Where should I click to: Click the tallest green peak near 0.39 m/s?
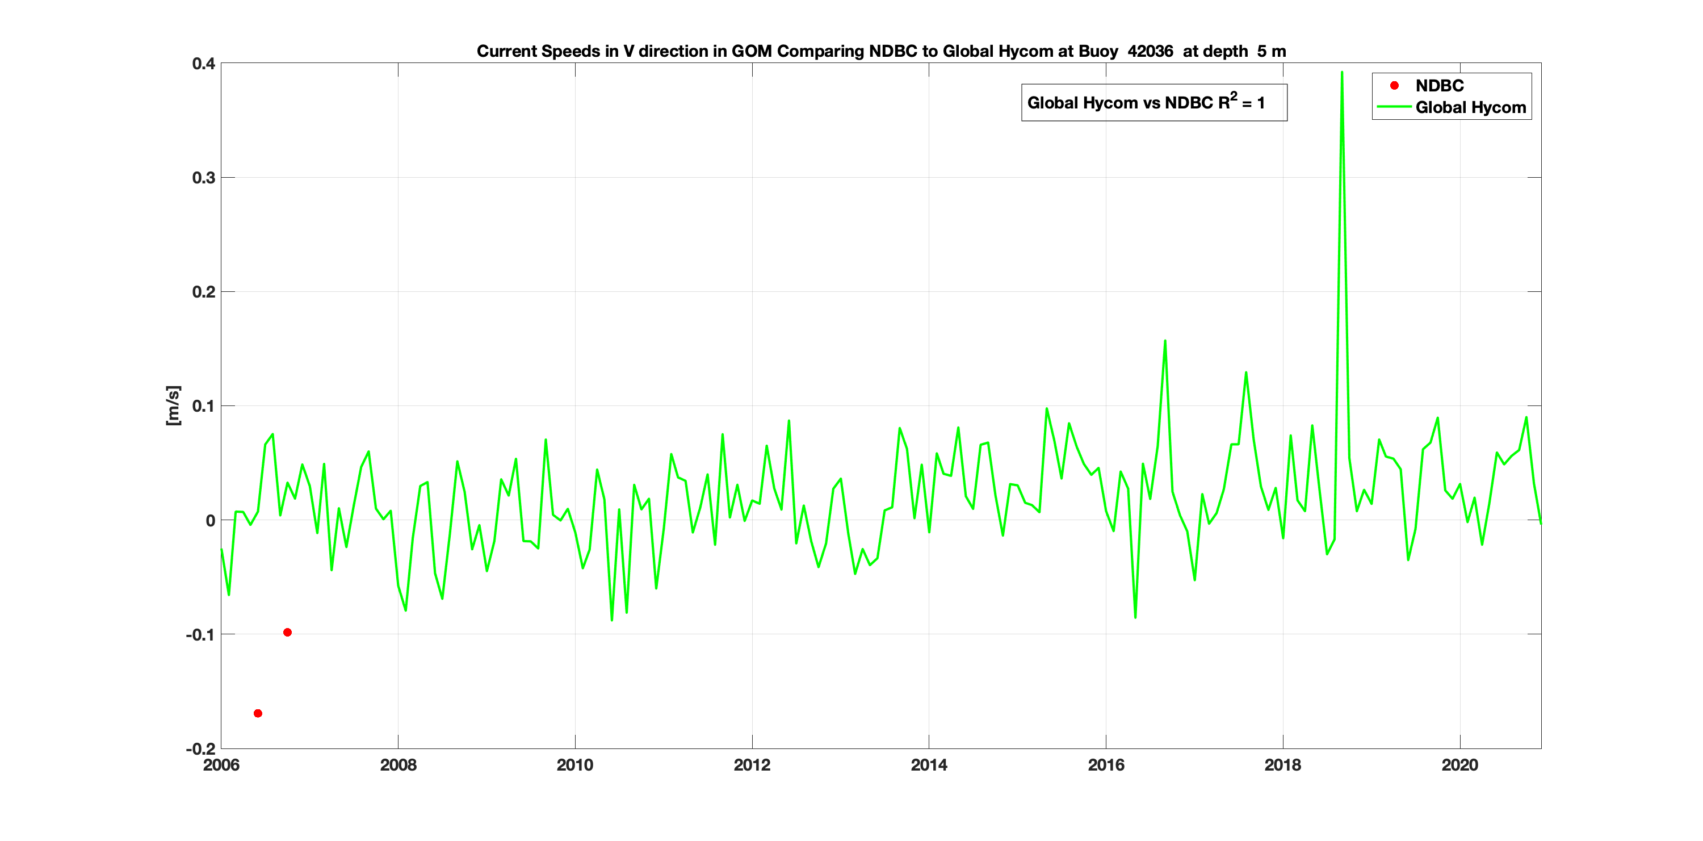pos(1341,73)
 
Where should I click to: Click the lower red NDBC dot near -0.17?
pos(258,713)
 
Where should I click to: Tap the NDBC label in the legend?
pos(1439,86)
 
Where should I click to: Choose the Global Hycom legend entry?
pos(1470,108)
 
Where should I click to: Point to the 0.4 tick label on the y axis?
pos(204,64)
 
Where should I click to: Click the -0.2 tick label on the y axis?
pos(201,749)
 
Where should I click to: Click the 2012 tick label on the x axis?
pos(752,765)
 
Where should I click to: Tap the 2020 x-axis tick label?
pos(1459,765)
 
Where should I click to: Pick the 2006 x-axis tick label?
pos(221,765)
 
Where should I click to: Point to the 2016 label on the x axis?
pos(1106,765)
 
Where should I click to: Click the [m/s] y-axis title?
pos(173,405)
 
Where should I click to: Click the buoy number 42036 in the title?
pos(1150,52)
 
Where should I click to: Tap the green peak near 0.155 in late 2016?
pos(1165,341)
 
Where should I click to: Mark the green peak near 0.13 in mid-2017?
pos(1246,373)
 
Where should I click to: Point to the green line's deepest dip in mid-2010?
pos(612,620)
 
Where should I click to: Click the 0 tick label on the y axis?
pos(210,521)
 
